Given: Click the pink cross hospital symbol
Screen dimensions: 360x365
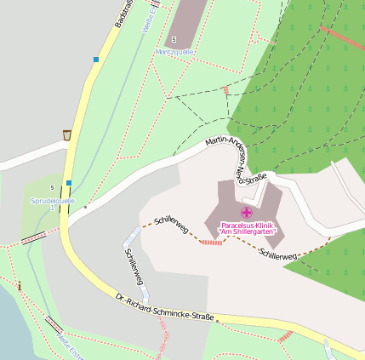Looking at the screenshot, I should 247,212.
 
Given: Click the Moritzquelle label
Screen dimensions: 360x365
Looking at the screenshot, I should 174,52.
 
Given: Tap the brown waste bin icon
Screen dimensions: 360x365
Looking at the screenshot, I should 66,134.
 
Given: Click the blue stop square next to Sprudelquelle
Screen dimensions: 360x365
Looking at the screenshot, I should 69,182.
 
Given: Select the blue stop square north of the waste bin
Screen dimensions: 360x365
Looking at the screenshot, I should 96,60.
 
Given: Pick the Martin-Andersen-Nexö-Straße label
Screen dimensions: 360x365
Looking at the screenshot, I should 237,158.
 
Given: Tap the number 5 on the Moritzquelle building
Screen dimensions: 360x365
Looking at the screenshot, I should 174,40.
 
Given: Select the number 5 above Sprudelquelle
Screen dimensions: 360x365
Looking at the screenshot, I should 51,187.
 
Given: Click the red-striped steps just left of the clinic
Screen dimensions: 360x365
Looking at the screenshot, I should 211,243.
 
